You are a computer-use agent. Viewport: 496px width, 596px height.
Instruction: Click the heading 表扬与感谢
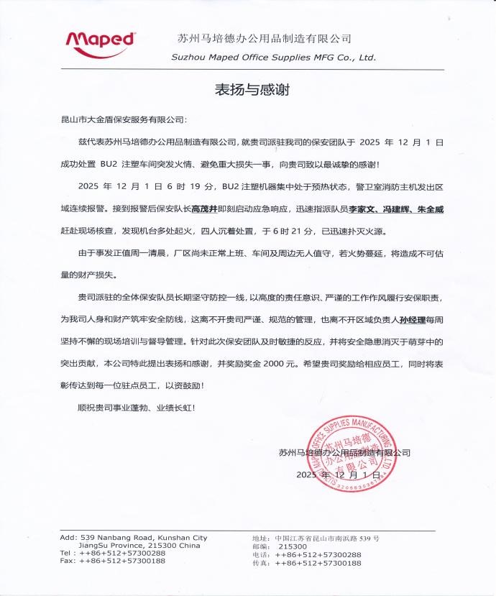tap(247, 90)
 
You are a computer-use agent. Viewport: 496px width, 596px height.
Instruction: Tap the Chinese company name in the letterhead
tap(264, 37)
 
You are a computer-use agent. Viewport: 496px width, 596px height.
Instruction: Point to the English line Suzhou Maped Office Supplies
tap(273, 57)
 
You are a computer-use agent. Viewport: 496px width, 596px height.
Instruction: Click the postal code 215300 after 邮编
tap(290, 546)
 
